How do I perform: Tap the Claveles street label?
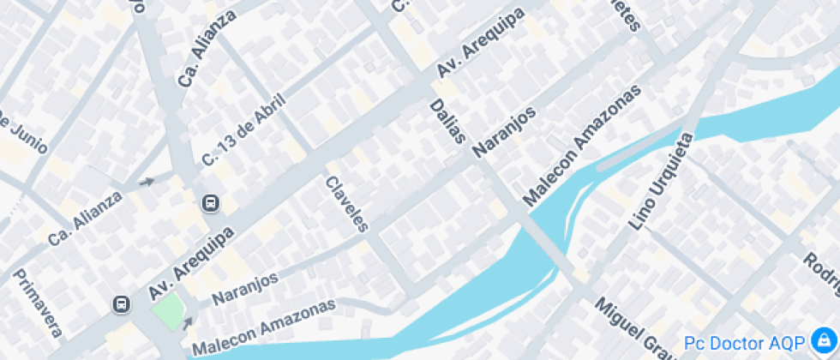click(x=347, y=204)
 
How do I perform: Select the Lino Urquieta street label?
click(x=660, y=182)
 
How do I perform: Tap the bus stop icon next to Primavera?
click(x=122, y=304)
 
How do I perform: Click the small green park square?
click(x=169, y=309)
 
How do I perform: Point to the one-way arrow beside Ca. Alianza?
click(x=147, y=182)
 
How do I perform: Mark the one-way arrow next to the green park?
click(x=188, y=322)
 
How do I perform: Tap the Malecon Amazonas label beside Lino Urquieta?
click(x=583, y=146)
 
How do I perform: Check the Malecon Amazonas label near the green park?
click(x=263, y=327)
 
